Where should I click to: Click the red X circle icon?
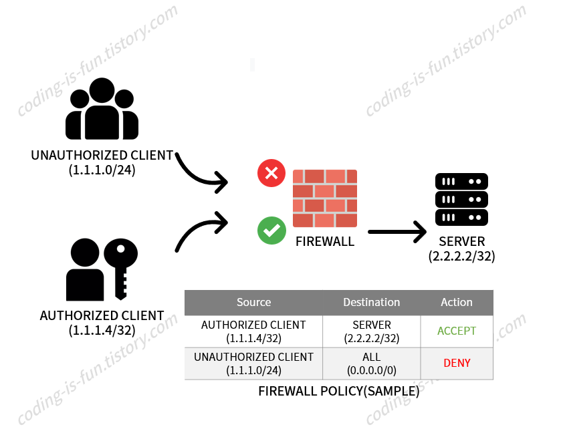tap(271, 174)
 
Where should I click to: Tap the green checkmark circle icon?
tap(271, 231)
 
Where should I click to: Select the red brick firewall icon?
tap(325, 198)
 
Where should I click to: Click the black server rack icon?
tap(461, 199)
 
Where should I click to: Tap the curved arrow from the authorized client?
tap(200, 231)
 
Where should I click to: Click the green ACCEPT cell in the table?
tap(457, 331)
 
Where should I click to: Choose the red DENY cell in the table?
tap(457, 363)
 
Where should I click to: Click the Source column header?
tap(254, 302)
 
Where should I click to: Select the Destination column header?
tap(372, 302)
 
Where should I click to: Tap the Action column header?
tap(457, 302)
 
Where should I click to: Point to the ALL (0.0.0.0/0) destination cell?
tap(372, 363)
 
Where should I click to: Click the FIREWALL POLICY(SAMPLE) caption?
tap(339, 392)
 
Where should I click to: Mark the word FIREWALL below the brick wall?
tap(325, 241)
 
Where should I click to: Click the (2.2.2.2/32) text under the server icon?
tap(461, 256)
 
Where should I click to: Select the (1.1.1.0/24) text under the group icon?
tap(102, 170)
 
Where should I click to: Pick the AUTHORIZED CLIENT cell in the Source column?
tap(254, 331)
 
